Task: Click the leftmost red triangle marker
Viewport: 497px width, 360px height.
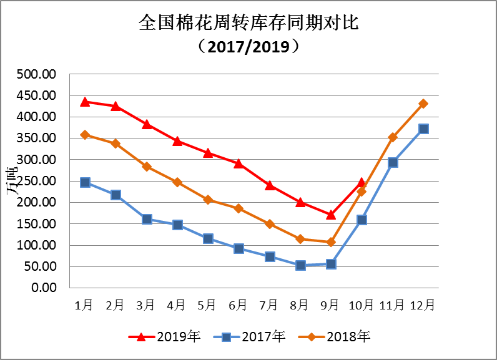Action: [85, 102]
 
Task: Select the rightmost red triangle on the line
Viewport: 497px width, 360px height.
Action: [362, 183]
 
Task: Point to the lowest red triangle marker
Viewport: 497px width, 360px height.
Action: [331, 214]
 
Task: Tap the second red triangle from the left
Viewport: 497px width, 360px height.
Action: [116, 106]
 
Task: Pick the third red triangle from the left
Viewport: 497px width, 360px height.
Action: [147, 124]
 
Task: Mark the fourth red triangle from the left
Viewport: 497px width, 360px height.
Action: [177, 141]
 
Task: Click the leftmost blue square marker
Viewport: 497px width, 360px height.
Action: [85, 182]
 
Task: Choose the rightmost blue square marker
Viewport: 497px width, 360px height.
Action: [423, 129]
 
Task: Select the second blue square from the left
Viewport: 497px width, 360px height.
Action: [116, 195]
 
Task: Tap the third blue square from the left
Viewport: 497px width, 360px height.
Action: [147, 219]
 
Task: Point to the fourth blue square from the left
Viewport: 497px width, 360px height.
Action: [177, 225]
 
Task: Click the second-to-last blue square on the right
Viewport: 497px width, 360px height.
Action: [393, 162]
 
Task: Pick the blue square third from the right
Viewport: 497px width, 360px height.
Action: [362, 220]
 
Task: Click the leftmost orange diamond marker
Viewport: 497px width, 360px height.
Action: [85, 135]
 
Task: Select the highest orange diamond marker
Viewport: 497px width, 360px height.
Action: [423, 104]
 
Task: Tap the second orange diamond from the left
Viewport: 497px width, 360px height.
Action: [116, 144]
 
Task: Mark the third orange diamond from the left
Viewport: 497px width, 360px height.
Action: [147, 167]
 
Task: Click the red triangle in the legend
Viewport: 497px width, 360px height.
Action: [141, 337]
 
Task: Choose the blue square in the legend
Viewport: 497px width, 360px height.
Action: [226, 337]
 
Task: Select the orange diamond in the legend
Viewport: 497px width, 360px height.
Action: [311, 337]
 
